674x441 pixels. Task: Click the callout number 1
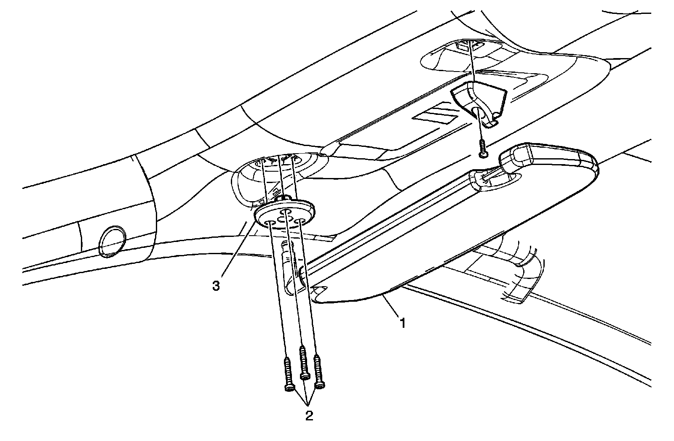[403, 323]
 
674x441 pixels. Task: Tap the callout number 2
[309, 416]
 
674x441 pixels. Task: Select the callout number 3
[216, 286]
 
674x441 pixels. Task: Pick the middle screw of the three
[302, 362]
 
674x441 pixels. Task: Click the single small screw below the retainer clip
[482, 149]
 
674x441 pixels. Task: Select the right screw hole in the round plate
[300, 220]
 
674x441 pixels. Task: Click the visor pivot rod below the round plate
[291, 265]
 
